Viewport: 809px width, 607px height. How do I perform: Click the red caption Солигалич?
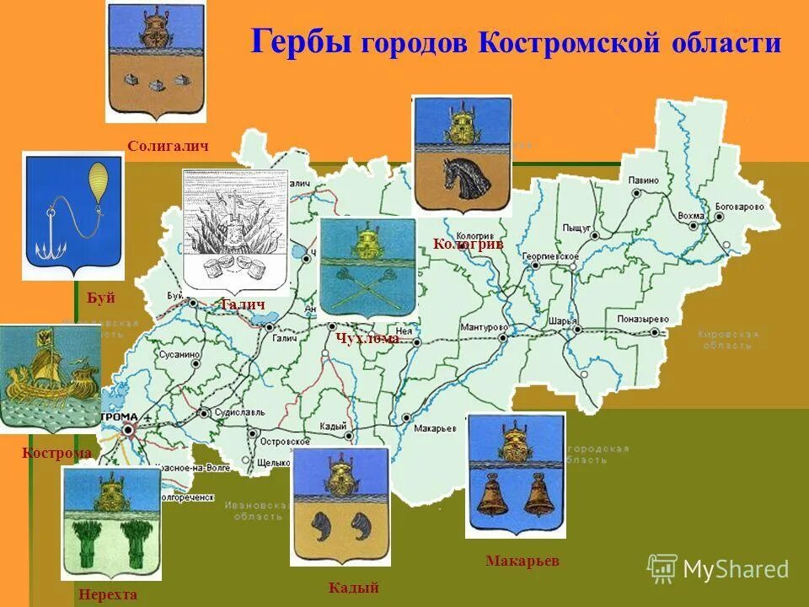[168, 146]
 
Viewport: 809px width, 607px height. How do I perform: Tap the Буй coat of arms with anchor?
[73, 215]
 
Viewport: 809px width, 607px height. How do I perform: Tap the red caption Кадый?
[353, 588]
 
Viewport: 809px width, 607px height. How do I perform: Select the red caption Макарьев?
[522, 561]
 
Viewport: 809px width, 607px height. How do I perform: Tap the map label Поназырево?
[640, 320]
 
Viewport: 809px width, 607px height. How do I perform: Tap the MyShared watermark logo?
[718, 569]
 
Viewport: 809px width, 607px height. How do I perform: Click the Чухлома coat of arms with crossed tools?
[367, 266]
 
